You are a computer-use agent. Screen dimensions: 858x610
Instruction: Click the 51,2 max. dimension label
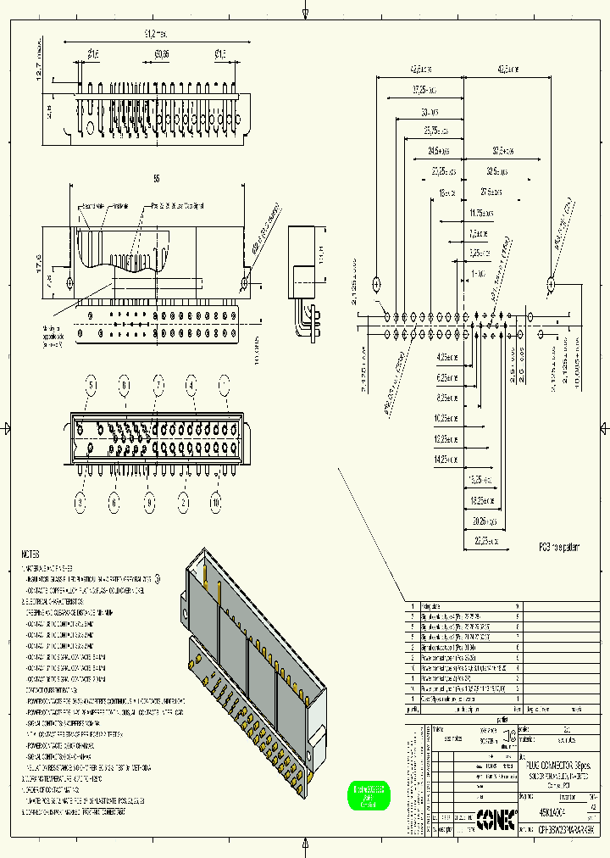click(x=152, y=33)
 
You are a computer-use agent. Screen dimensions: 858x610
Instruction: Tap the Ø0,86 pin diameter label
click(x=161, y=54)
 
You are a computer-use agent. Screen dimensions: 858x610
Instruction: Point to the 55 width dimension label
click(x=157, y=179)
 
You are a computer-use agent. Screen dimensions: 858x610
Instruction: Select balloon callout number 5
click(x=91, y=386)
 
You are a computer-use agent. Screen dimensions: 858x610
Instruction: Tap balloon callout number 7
click(x=158, y=386)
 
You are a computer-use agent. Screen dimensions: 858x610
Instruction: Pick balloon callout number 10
click(x=216, y=503)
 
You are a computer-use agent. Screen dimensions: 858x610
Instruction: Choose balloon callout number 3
click(x=79, y=503)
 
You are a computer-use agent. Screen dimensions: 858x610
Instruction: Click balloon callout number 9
click(x=149, y=503)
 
